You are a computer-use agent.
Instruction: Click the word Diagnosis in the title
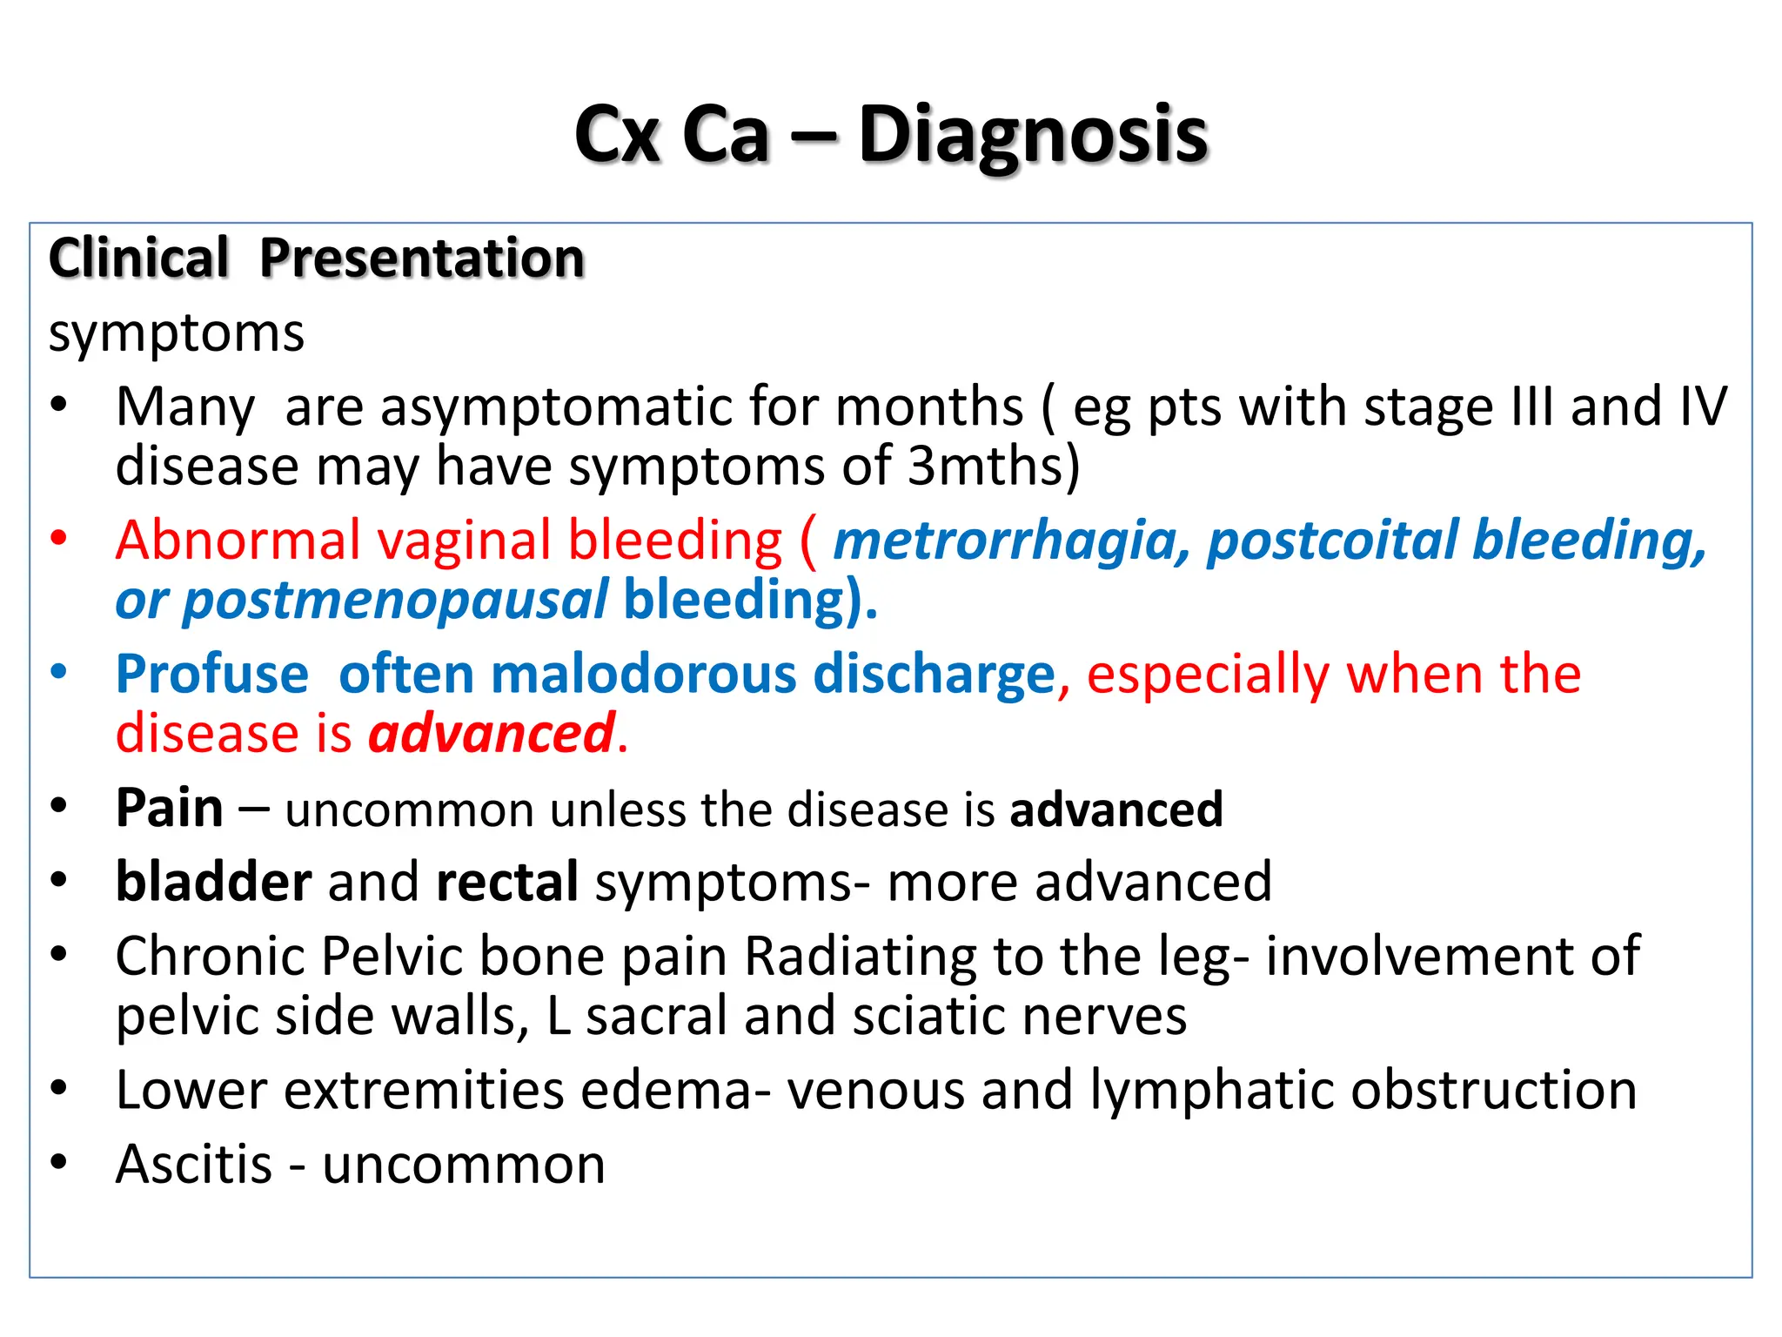(1033, 135)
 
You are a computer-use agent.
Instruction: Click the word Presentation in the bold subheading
(422, 259)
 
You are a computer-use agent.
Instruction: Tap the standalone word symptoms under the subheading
(177, 333)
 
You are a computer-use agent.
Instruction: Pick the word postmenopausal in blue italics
(395, 601)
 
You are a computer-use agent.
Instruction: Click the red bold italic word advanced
(492, 734)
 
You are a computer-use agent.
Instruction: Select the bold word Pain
(170, 808)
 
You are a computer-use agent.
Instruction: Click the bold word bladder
(213, 882)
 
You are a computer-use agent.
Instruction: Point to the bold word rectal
(507, 882)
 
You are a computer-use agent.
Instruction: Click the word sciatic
(928, 1016)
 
